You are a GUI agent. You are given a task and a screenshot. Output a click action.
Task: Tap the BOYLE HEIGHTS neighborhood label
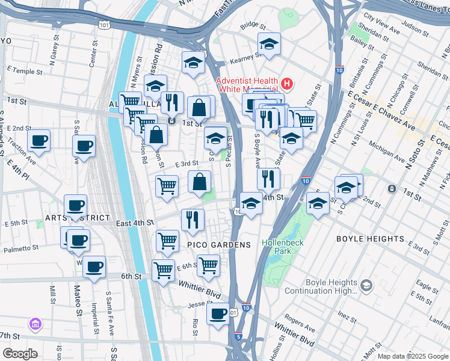tap(370, 239)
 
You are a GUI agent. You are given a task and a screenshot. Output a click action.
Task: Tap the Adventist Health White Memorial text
tap(248, 85)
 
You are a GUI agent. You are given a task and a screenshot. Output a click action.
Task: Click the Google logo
tap(20, 353)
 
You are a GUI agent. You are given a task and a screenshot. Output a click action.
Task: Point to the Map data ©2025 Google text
tap(412, 356)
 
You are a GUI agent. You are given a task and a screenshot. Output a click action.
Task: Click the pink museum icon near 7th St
tap(35, 325)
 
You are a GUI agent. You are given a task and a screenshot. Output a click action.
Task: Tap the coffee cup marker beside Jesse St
tap(217, 313)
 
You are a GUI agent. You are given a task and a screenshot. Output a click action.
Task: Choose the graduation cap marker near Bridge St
tap(269, 44)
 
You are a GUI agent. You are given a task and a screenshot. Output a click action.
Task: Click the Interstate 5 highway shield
tap(238, 337)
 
